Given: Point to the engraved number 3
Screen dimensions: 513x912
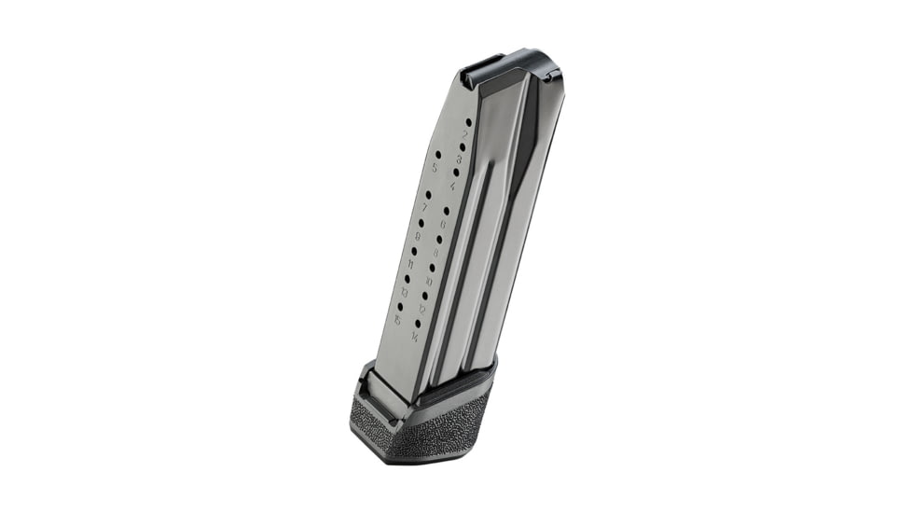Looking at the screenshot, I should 459,159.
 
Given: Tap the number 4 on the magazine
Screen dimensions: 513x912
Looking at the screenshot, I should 452,186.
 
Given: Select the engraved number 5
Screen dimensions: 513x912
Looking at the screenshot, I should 435,168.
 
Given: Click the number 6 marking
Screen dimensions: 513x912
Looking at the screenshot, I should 441,224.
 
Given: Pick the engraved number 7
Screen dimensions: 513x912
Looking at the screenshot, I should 424,207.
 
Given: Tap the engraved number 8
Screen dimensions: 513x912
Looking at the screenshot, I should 435,252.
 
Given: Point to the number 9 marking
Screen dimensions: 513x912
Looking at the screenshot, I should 417,236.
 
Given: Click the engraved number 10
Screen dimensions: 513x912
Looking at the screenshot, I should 429,281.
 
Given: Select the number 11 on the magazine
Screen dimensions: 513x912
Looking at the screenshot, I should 410,265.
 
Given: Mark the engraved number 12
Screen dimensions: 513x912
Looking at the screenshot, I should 421,309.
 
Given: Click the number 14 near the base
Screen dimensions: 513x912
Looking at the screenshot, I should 414,337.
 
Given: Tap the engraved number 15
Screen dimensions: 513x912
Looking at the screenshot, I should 397,320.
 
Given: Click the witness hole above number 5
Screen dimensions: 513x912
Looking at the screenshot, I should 438,154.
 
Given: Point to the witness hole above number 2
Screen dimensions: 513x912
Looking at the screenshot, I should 468,121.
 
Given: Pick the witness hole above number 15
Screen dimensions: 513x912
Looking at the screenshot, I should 400,306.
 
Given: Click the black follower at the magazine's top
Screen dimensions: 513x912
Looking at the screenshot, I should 504,69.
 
